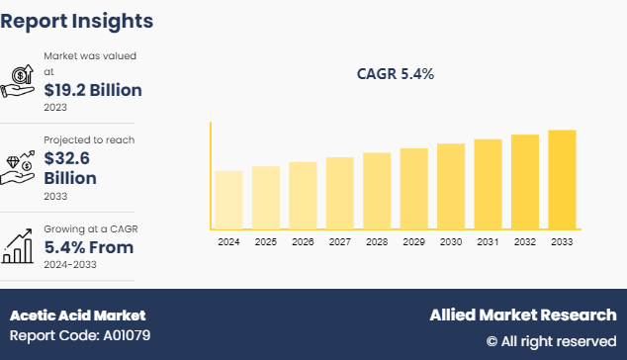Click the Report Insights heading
[x=77, y=20]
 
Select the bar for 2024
[x=228, y=200]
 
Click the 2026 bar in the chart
[x=303, y=196]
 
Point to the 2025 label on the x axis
[x=265, y=241]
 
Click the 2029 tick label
[x=413, y=241]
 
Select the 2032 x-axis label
[x=525, y=241]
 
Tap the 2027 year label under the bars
[x=339, y=241]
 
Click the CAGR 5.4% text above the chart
[x=395, y=74]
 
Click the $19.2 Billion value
[x=92, y=90]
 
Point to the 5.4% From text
[x=88, y=247]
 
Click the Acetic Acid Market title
[x=77, y=315]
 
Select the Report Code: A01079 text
[x=80, y=335]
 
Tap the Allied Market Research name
[x=522, y=315]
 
